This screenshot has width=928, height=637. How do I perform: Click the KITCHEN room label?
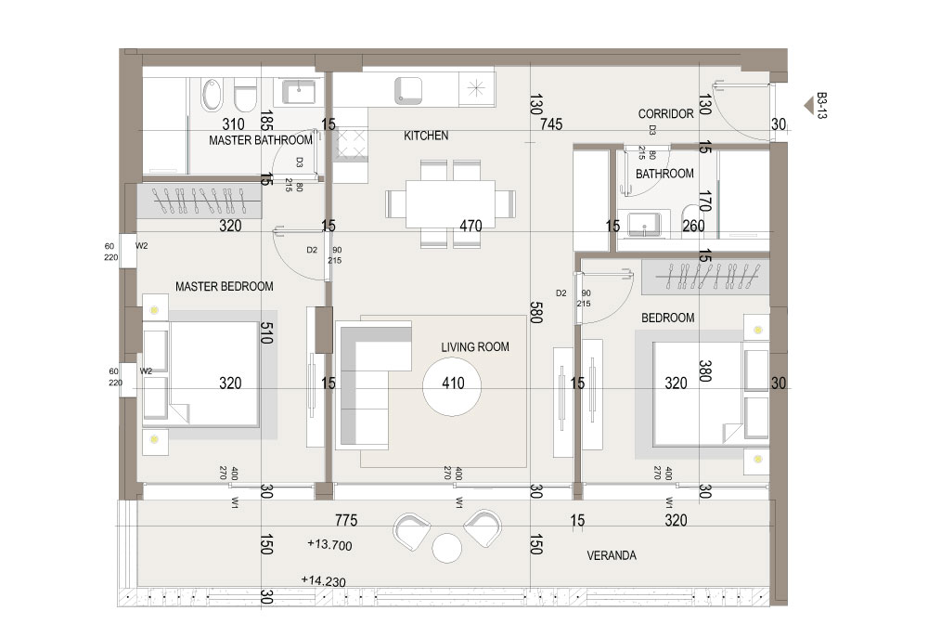point(426,136)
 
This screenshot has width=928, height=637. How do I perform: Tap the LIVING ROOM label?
point(475,347)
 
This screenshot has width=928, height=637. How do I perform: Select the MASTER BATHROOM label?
point(261,140)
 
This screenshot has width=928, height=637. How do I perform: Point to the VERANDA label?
point(612,555)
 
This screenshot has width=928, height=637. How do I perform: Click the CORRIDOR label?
point(665,113)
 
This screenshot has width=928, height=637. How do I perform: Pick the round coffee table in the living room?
point(452,385)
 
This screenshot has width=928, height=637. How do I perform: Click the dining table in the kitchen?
point(450,203)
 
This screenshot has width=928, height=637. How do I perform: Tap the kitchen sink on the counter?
point(408,91)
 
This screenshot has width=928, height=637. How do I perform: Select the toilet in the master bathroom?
point(244,96)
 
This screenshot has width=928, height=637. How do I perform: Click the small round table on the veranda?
point(447,548)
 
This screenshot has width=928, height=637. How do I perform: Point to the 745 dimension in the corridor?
point(551,124)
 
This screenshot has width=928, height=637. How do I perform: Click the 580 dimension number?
point(535,313)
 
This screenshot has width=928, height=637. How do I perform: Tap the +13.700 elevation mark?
point(329,544)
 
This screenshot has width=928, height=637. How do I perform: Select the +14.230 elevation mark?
point(324,580)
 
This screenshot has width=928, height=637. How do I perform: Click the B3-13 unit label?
point(821,105)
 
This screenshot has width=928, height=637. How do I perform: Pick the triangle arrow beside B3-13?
point(808,106)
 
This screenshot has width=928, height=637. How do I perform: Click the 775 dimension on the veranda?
point(346,520)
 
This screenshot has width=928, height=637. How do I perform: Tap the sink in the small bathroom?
point(641,225)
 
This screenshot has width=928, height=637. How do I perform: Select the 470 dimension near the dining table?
point(471,226)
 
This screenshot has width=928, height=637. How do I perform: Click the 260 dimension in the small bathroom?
point(693,227)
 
